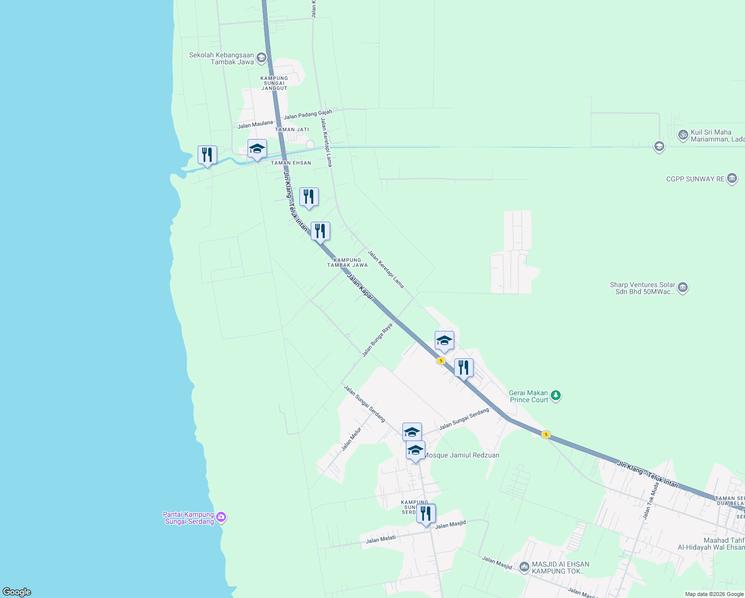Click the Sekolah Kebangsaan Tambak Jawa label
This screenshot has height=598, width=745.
[222, 59]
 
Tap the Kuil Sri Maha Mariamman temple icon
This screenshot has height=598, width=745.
[683, 135]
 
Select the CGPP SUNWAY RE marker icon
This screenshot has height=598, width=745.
[732, 178]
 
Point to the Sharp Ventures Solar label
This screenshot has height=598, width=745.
[642, 288]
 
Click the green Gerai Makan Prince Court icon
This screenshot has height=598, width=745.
[556, 396]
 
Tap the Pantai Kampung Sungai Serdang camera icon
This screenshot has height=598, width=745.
[222, 518]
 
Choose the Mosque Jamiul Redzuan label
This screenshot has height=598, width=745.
[462, 455]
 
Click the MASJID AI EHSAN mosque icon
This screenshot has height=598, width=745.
[524, 567]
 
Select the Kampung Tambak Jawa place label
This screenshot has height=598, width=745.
[347, 263]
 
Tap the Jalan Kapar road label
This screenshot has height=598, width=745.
[360, 287]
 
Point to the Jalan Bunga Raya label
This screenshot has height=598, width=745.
[377, 340]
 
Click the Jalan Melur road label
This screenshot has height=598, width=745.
[351, 439]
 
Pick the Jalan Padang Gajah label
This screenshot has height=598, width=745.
[308, 115]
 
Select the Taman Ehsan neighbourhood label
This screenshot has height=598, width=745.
[291, 163]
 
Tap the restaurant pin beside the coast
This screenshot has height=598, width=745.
[207, 155]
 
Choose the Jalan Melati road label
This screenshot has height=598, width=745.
[380, 539]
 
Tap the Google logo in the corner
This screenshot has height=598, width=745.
[17, 592]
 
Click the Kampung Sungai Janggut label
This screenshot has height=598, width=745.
[274, 83]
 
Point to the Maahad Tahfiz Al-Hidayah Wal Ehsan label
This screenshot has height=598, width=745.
[711, 544]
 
